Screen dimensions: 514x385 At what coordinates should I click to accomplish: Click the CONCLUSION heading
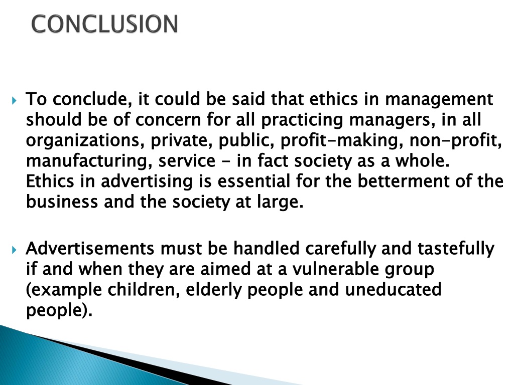pos(104,24)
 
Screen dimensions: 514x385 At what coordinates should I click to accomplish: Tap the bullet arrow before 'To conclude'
pos(14,100)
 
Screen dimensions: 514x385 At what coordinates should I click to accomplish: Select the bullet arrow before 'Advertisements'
pos(14,250)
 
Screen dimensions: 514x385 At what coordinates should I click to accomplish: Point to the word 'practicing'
pos(302,120)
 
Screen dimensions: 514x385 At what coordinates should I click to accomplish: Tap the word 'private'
pos(181,141)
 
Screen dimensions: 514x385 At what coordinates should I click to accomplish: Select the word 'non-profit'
pos(456,141)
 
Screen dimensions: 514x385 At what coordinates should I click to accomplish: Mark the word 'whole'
pos(422,160)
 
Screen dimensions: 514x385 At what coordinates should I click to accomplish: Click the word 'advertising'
pos(146,181)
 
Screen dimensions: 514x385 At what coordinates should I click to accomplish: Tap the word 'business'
pos(62,202)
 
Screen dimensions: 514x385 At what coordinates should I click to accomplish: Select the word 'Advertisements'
pos(90,249)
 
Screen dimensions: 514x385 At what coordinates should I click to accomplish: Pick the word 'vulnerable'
pos(335,269)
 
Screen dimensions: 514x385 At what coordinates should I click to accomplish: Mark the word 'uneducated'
pos(393,289)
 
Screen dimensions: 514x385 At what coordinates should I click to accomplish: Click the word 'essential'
pos(253,181)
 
